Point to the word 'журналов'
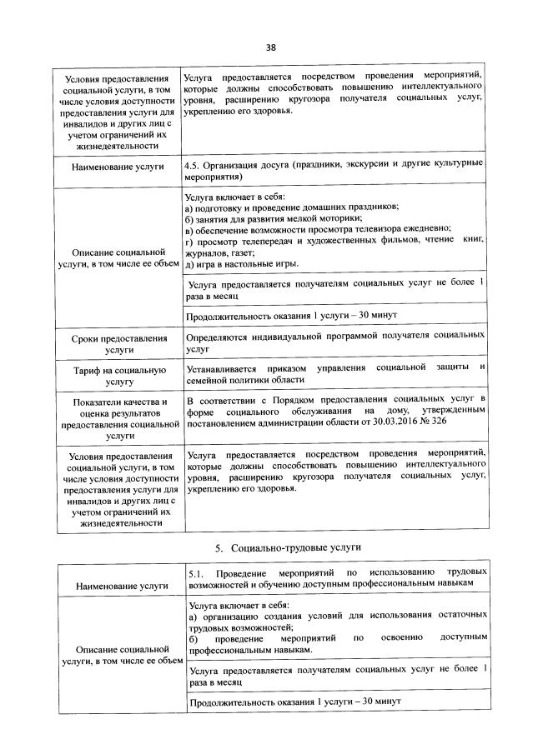coord(206,252)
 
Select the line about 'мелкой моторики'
coord(268,217)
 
